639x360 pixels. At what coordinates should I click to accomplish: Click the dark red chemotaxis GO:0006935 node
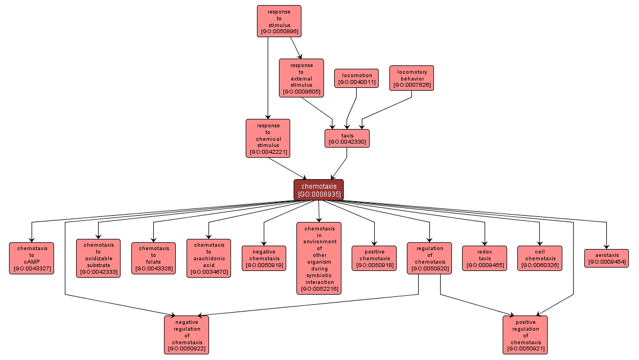[x=318, y=190]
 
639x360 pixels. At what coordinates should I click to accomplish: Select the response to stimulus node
[x=279, y=21]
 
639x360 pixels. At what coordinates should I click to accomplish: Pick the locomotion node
[x=356, y=78]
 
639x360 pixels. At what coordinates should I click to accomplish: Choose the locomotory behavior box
[x=411, y=78]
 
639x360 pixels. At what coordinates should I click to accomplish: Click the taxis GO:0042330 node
[x=347, y=139]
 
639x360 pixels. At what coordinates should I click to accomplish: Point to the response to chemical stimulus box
[x=268, y=138]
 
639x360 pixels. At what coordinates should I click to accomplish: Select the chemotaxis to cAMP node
[x=32, y=258]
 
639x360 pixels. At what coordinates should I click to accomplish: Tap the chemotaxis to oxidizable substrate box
[x=99, y=258]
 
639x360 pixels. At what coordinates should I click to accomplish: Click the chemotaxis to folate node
[x=153, y=258]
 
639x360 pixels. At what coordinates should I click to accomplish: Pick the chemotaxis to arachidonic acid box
[x=208, y=258]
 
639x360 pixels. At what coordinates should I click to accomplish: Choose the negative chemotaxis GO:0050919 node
[x=264, y=258]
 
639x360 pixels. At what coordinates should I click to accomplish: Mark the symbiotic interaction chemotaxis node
[x=319, y=258]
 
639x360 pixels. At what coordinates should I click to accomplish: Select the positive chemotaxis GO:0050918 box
[x=374, y=258]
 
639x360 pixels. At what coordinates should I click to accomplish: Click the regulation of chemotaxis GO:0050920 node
[x=429, y=258]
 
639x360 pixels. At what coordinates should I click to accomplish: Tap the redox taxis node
[x=485, y=258]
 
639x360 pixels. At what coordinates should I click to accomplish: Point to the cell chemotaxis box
[x=540, y=258]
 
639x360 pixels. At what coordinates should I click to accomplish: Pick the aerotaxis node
[x=606, y=258]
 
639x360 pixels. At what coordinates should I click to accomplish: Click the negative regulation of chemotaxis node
[x=187, y=335]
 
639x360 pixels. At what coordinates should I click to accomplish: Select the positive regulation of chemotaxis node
[x=525, y=335]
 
